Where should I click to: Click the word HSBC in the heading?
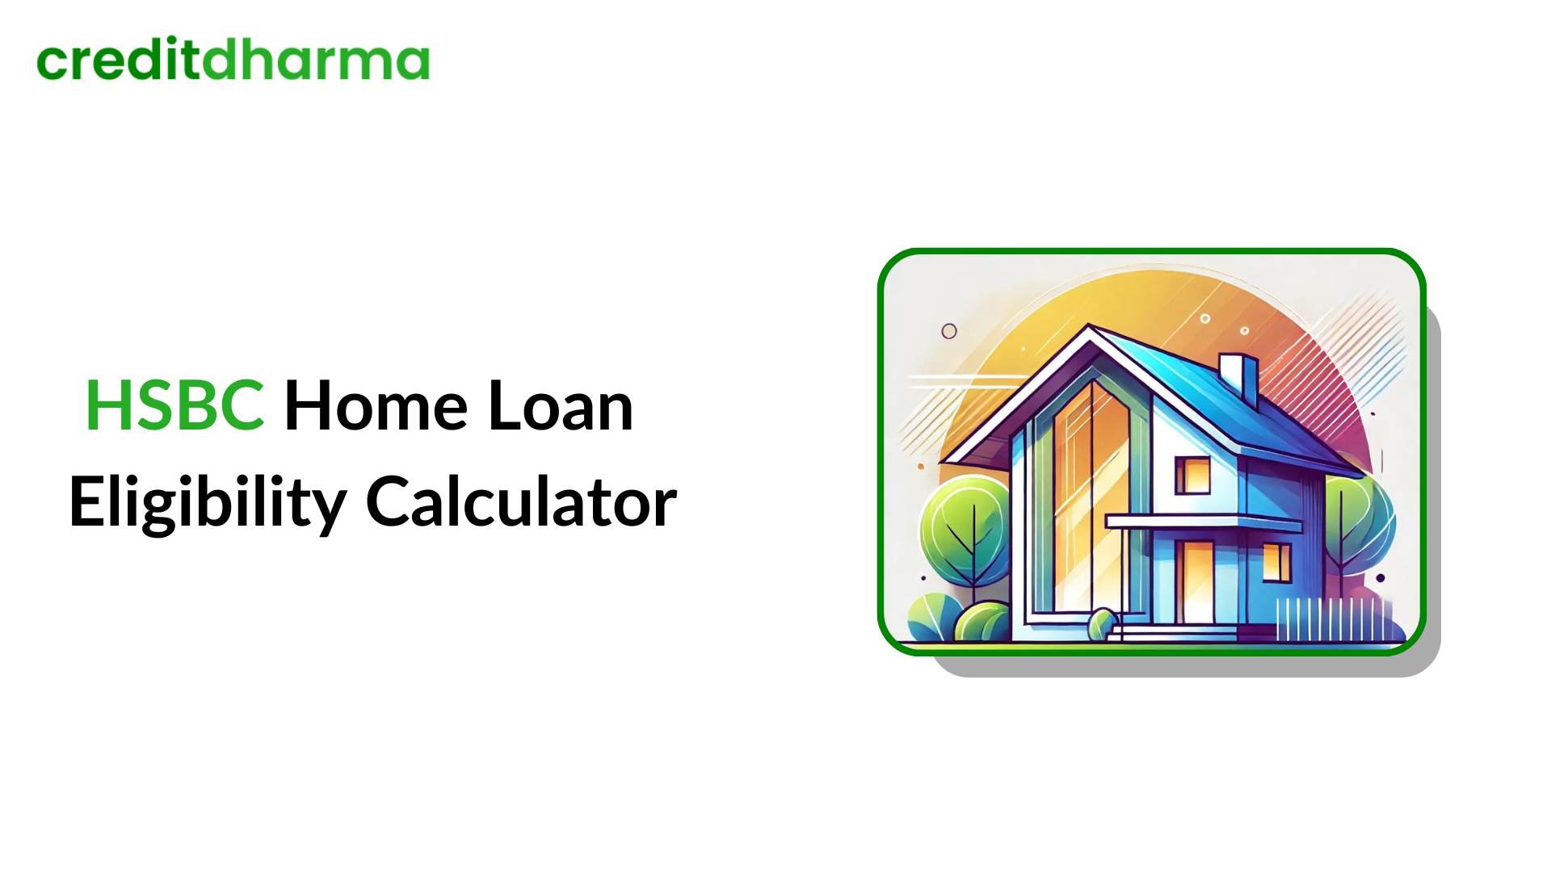point(174,405)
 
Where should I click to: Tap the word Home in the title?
point(376,405)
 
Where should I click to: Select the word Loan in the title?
point(561,405)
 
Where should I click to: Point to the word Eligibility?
point(208,502)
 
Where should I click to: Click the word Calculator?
point(521,502)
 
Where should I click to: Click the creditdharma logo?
point(233,60)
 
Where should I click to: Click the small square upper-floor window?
point(1192,475)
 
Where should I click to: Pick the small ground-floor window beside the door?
point(1276,562)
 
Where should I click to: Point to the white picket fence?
point(1333,619)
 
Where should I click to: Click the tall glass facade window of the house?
point(1091,493)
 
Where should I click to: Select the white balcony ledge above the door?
point(1204,522)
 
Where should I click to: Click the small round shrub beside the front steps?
point(1101,624)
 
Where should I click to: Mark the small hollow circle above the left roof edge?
point(949,331)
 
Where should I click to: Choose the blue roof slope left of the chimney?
point(1171,371)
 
